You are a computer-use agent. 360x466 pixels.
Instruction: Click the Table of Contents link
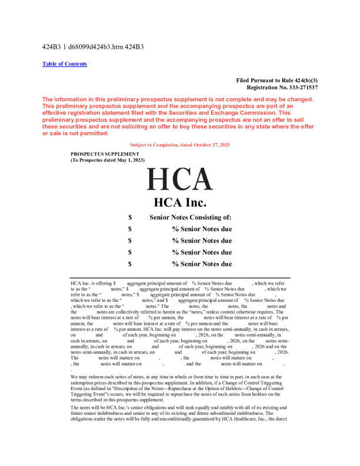[x=65, y=64]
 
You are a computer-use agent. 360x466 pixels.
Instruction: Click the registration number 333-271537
[x=298, y=87]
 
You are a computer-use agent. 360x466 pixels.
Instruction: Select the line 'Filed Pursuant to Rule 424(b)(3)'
[x=276, y=80]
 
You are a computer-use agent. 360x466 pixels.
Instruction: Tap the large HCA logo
[x=179, y=180]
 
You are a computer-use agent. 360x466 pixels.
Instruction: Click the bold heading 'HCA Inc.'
[x=179, y=203]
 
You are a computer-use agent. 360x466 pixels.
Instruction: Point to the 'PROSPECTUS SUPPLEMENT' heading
[x=105, y=154]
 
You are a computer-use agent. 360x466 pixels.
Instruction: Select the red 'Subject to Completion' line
[x=179, y=145]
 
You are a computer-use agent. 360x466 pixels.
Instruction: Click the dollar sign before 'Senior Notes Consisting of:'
[x=130, y=217]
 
